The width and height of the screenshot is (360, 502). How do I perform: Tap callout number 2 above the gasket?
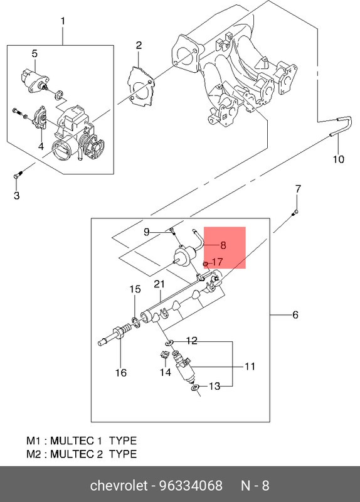139,45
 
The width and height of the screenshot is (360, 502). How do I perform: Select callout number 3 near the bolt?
17,196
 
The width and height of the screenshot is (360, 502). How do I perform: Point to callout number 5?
34,53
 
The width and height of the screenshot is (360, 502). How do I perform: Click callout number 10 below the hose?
338,159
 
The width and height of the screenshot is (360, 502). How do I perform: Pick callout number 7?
298,188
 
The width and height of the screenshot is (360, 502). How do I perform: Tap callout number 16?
120,373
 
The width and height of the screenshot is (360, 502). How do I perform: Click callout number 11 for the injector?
250,366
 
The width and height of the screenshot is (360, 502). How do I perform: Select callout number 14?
165,372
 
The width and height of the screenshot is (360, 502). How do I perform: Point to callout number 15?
135,289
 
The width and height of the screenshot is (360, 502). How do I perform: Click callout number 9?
146,232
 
